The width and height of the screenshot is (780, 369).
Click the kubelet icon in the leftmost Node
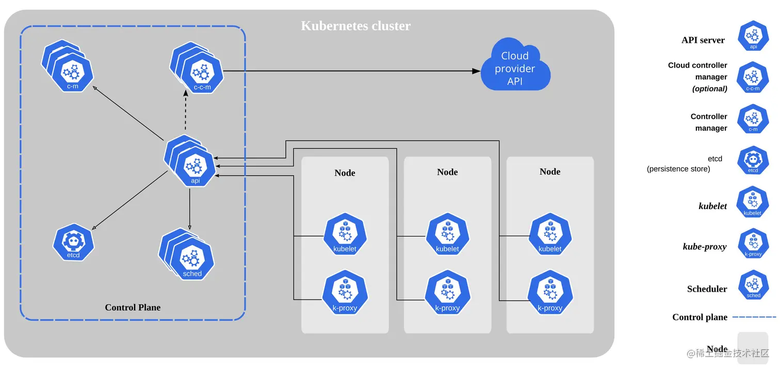click(x=345, y=237)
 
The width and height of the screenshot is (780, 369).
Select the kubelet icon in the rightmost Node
click(x=550, y=237)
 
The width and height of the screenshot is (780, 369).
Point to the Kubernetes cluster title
click(x=356, y=25)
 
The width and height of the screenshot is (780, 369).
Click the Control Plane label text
click(x=133, y=308)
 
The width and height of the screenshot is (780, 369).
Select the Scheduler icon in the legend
click(x=753, y=285)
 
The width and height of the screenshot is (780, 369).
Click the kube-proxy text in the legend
click(x=705, y=247)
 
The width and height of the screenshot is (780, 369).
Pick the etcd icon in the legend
click(x=753, y=161)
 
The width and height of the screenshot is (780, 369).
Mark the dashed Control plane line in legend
click(x=754, y=317)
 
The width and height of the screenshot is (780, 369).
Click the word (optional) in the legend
click(x=710, y=89)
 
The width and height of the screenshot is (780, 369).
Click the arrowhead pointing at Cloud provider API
click(x=476, y=71)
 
